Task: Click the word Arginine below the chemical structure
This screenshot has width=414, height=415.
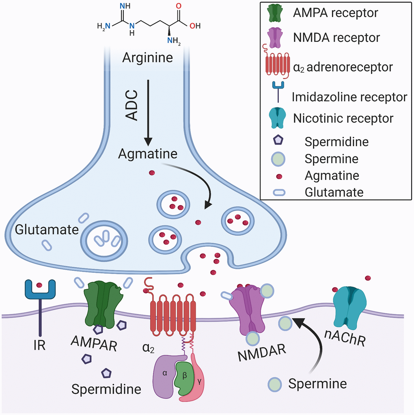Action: tap(148, 58)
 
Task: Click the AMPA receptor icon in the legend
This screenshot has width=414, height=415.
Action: tap(277, 13)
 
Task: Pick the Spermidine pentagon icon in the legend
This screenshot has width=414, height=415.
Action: tap(278, 141)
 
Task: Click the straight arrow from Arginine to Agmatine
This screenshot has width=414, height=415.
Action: tap(148, 112)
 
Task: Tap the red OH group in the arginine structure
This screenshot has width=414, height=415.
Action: tap(195, 26)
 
